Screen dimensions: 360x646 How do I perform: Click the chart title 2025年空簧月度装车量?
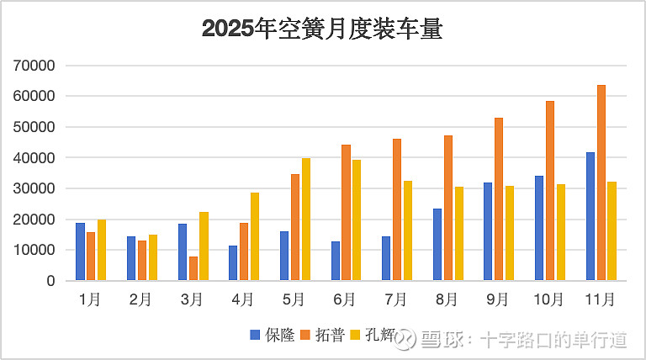(x=322, y=30)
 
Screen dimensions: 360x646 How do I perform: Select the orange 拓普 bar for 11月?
(x=601, y=183)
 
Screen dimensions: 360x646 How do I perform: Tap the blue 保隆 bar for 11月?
(x=590, y=216)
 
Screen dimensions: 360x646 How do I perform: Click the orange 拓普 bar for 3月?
(x=193, y=268)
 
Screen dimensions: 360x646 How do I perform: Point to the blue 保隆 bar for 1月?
(x=80, y=251)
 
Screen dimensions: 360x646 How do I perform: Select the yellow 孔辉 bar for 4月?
(x=255, y=236)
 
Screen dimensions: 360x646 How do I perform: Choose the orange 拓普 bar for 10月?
(x=550, y=190)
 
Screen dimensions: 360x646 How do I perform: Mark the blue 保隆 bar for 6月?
(x=336, y=261)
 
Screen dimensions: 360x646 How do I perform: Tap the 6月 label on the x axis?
(x=344, y=299)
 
